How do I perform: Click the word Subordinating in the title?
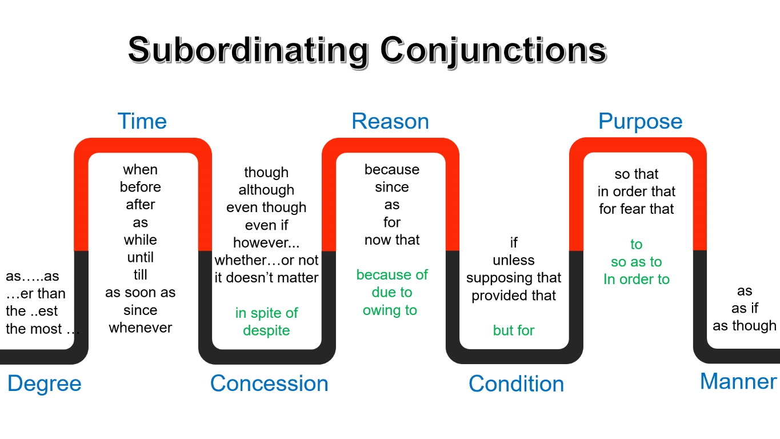[x=248, y=51]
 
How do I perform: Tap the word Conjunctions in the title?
[x=494, y=51]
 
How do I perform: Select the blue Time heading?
[x=142, y=121]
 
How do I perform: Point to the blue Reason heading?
[x=390, y=121]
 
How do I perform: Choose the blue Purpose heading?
[x=640, y=122]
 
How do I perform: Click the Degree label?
[x=44, y=384]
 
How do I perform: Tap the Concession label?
[x=269, y=383]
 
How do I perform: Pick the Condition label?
[x=516, y=384]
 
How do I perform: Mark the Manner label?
[x=738, y=381]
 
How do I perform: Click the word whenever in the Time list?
[x=141, y=328]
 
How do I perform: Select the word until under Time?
[x=141, y=257]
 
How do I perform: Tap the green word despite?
[x=266, y=330]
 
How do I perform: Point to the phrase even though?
[x=266, y=207]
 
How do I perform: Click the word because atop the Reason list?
[x=392, y=170]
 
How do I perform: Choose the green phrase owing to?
[x=390, y=310]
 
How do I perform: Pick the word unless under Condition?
[x=514, y=260]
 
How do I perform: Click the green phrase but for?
[x=514, y=330]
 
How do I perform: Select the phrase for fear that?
[x=637, y=209]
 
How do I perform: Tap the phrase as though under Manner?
[x=745, y=326]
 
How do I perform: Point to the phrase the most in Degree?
[x=34, y=329]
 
